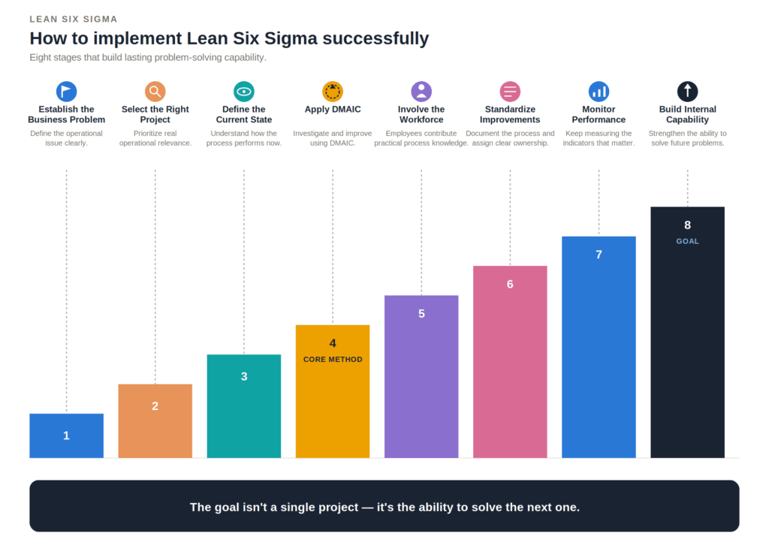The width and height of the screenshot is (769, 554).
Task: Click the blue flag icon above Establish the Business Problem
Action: [x=66, y=91]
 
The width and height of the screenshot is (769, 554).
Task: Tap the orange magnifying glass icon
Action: [x=155, y=91]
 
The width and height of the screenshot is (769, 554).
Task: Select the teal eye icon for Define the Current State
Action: [x=244, y=91]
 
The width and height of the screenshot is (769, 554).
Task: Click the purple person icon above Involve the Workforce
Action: [x=421, y=91]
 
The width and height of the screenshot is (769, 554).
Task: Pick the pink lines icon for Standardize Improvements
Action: [x=510, y=91]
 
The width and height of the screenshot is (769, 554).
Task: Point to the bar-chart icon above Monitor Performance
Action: [x=599, y=91]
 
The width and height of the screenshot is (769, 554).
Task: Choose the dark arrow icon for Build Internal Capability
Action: [x=688, y=91]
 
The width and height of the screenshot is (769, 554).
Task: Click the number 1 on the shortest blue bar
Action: [x=66, y=435]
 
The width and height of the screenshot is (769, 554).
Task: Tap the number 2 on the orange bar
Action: [x=155, y=406]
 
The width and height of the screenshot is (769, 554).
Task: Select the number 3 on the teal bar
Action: [x=244, y=377]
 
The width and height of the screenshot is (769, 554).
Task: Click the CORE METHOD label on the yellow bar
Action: [x=333, y=360]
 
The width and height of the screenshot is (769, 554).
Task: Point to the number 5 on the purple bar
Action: [x=421, y=314]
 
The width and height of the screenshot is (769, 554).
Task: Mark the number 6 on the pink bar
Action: [x=510, y=285]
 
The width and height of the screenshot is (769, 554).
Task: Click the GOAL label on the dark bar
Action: [x=688, y=241]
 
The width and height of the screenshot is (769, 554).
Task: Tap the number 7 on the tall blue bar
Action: [x=599, y=254]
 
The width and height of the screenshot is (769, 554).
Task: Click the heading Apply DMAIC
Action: [x=333, y=110]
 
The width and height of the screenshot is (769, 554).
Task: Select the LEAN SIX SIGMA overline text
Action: [x=74, y=19]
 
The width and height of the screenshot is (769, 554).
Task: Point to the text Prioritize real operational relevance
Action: [x=155, y=138]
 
